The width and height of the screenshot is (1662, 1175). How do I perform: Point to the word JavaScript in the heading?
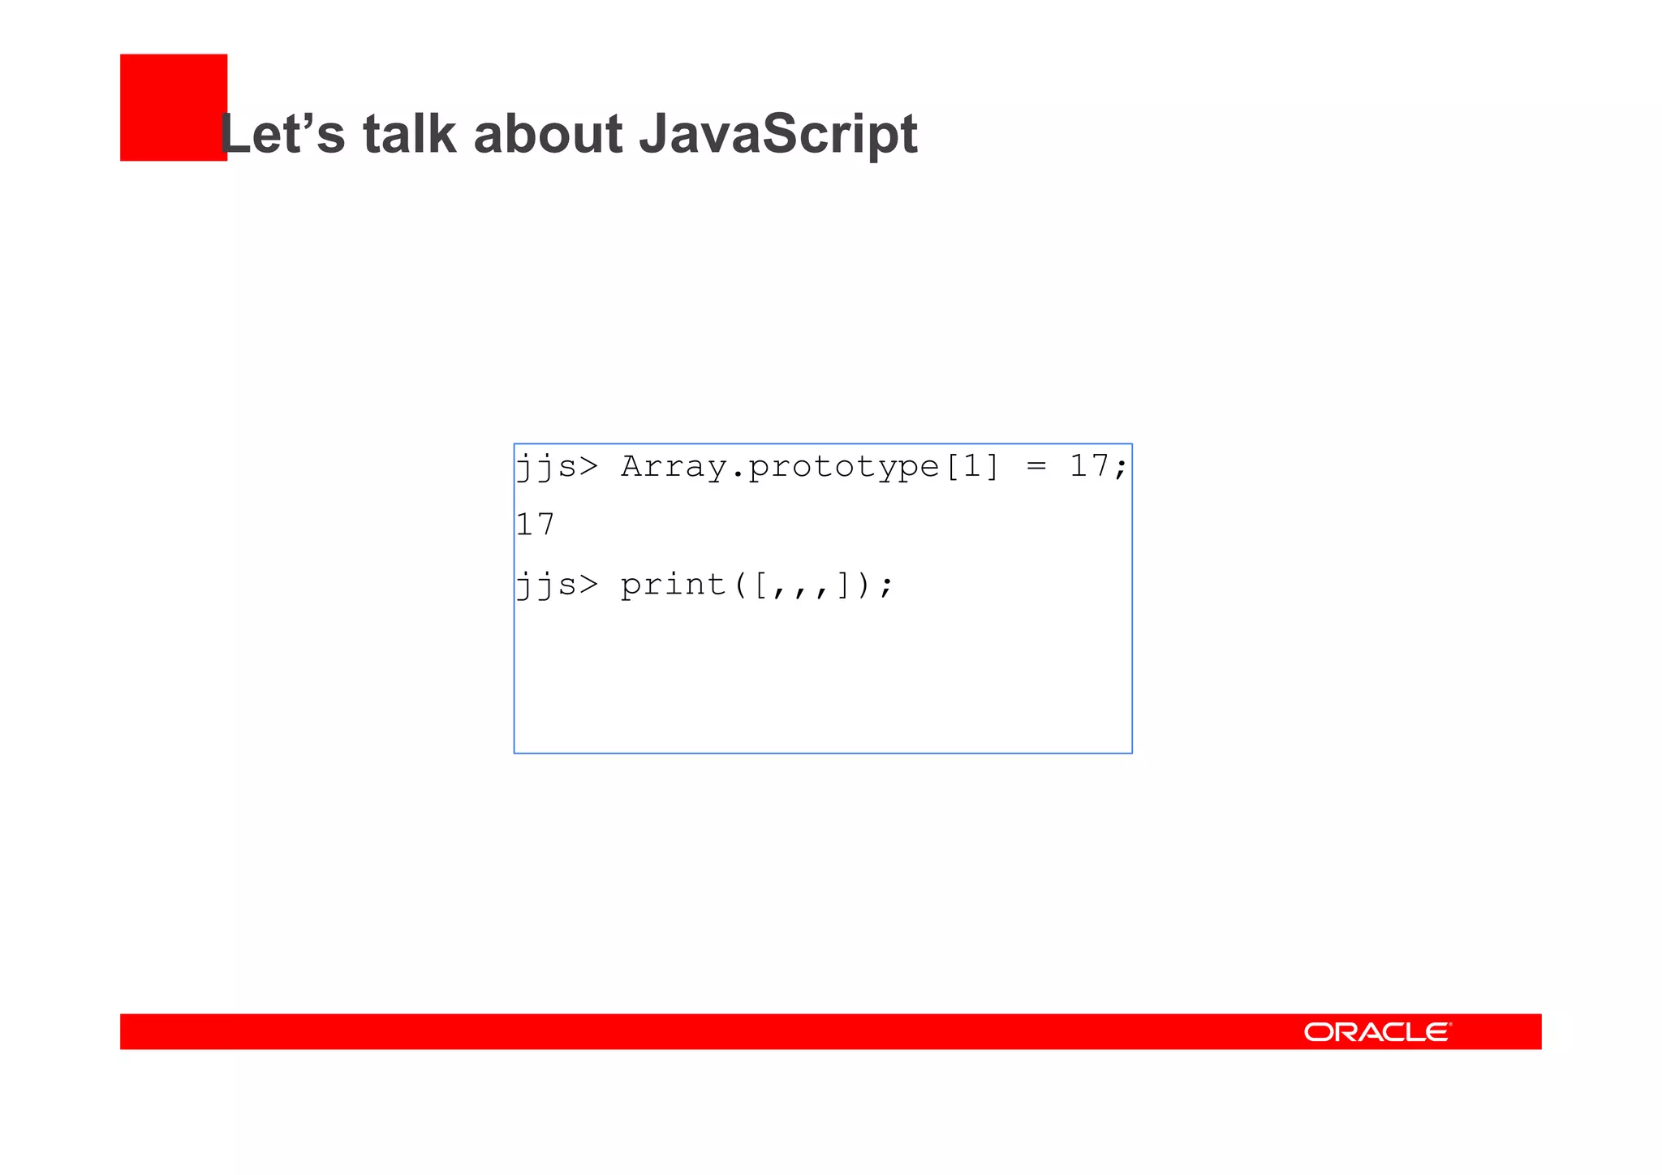(778, 135)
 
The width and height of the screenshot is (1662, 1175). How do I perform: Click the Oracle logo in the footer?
(1377, 1031)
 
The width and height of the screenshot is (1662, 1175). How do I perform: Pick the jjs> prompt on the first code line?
(557, 468)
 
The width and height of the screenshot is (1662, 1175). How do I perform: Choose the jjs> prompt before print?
(557, 585)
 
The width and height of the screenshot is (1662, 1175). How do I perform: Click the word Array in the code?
(673, 467)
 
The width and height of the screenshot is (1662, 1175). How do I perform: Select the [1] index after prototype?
(972, 467)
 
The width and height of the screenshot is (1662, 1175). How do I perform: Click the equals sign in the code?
(1036, 467)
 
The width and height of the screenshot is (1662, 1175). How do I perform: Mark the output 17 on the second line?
(536, 525)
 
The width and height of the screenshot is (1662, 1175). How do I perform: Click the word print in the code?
(673, 585)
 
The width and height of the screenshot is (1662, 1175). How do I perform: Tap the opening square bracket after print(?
(760, 585)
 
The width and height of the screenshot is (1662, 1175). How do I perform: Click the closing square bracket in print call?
(844, 585)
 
